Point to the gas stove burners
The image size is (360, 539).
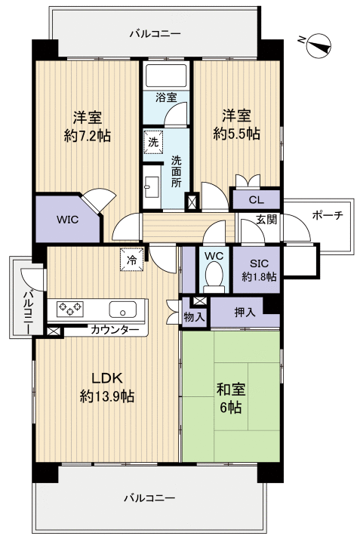72,310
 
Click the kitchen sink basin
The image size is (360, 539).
122,310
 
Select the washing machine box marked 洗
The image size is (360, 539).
153,141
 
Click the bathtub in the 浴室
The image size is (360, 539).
165,76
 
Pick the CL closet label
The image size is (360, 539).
255,199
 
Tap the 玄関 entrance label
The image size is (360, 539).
266,220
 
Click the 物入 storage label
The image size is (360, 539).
194,317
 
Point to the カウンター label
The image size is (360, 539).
114,330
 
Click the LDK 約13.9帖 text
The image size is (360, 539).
106,387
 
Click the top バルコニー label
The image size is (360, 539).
155,34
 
